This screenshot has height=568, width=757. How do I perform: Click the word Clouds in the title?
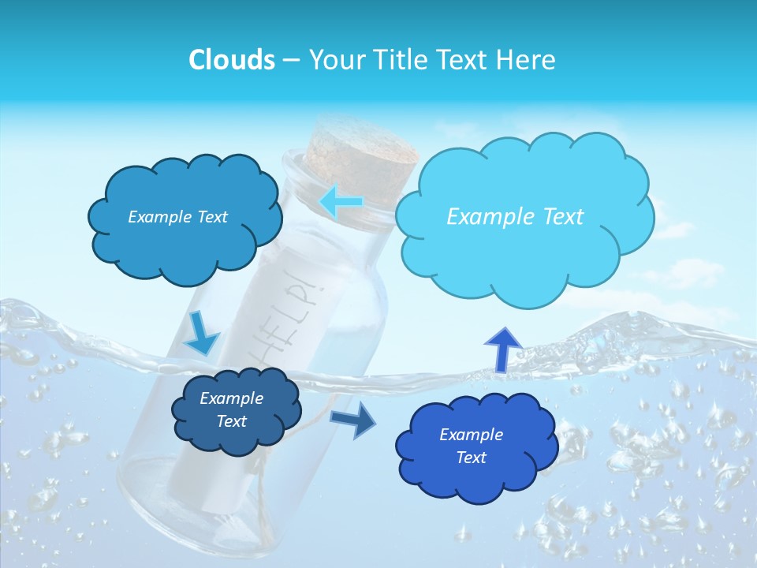click(232, 60)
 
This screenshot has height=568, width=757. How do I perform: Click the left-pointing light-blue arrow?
click(341, 202)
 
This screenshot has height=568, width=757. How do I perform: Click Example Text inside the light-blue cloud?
click(515, 216)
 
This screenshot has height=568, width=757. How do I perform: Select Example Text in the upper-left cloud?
click(177, 217)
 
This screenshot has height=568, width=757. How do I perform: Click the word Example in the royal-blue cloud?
click(471, 435)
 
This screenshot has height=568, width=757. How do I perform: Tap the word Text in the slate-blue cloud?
click(231, 421)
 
